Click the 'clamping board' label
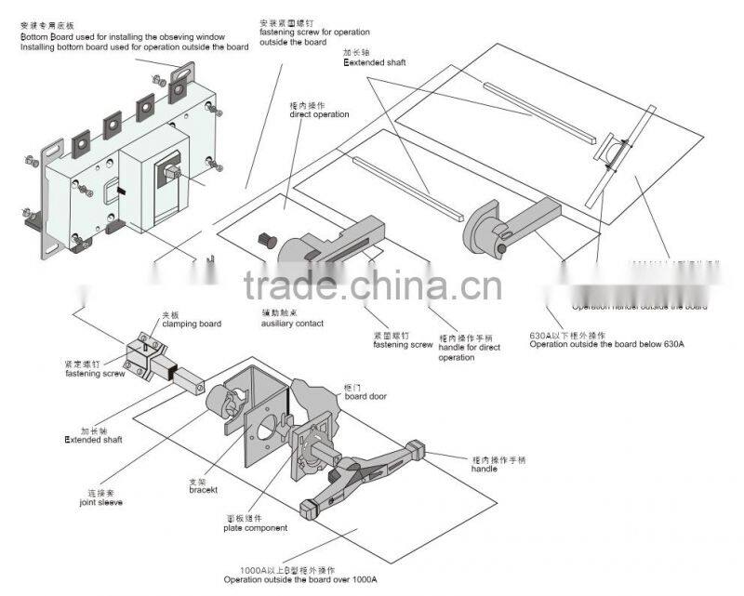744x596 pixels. pos(192,324)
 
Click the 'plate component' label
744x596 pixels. pos(254,527)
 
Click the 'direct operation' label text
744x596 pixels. pos(319,114)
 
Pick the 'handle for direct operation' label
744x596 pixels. pos(469,349)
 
